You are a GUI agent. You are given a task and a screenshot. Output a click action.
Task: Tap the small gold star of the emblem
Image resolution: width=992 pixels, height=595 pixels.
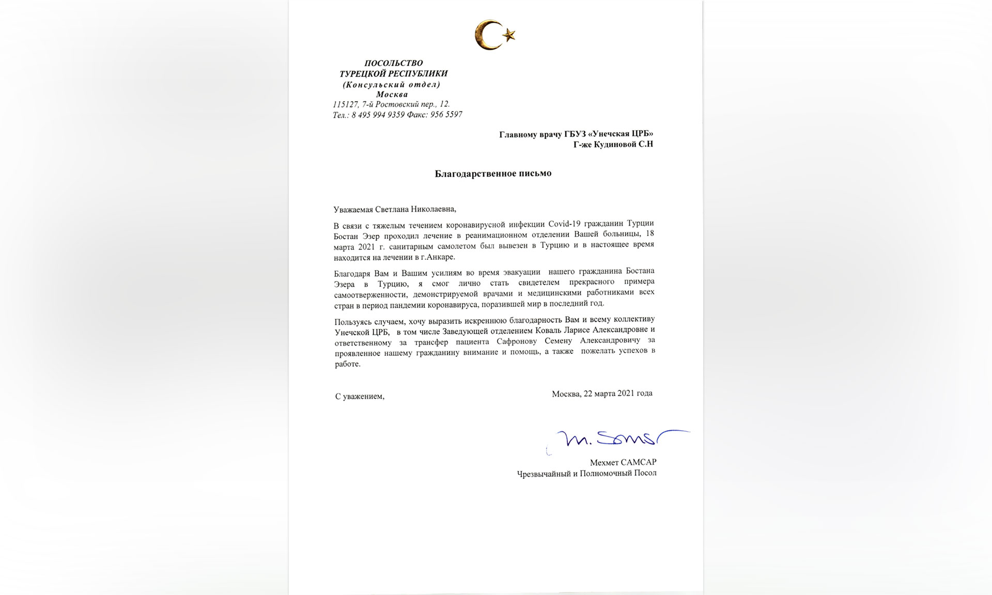tap(509, 35)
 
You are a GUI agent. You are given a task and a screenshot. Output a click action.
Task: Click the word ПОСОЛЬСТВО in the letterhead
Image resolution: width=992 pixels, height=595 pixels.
tap(393, 63)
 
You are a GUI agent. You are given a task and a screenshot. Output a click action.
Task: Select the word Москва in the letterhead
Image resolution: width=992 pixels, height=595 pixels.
tap(392, 95)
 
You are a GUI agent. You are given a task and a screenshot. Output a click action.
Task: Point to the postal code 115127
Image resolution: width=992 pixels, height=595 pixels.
tap(346, 104)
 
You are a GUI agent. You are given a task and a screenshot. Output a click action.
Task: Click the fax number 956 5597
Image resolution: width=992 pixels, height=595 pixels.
tap(446, 115)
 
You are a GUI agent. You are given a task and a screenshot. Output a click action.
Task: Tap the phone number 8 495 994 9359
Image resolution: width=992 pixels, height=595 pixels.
tap(378, 115)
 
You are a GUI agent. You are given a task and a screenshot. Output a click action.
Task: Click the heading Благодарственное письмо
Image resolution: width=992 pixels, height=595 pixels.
tap(493, 174)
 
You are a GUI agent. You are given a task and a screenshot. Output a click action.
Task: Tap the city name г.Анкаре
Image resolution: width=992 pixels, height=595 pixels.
tap(439, 257)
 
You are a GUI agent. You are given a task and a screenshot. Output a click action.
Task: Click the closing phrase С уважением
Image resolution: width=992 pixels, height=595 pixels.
tap(360, 397)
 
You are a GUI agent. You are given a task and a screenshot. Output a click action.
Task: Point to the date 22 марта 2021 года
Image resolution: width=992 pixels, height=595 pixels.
tap(617, 394)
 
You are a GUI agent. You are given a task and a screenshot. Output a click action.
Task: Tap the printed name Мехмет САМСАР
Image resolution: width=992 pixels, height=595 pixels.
tap(623, 463)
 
